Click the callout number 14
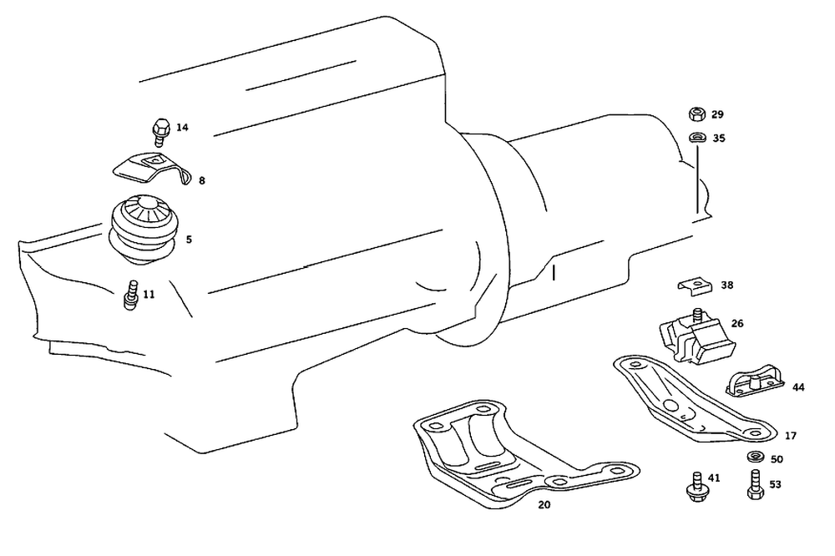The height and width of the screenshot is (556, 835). coord(182,128)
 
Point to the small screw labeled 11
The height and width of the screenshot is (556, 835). coord(129,296)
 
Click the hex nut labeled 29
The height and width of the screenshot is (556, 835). coord(696,114)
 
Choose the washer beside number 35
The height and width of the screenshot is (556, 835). coord(696,138)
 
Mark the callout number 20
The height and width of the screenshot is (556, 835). coord(544,505)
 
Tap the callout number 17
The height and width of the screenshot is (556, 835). coord(790,436)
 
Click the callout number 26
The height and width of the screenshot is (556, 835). coord(737,323)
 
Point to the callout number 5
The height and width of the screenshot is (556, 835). coord(189,240)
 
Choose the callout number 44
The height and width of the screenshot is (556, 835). coord(798,387)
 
